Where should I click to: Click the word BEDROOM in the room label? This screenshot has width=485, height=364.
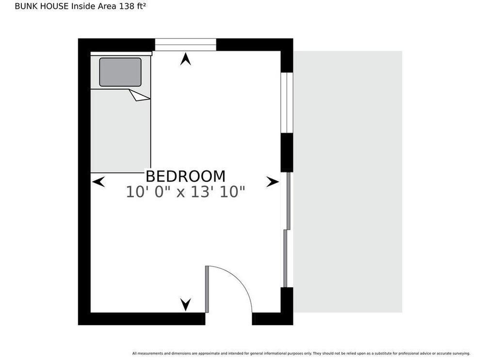click(x=185, y=177)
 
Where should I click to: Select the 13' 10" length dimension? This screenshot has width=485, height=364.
click(x=218, y=192)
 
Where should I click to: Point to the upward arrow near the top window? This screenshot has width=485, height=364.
click(x=185, y=59)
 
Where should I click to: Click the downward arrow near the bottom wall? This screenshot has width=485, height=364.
click(x=186, y=305)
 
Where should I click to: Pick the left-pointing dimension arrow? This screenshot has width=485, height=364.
click(x=98, y=182)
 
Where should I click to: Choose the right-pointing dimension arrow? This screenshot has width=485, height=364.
click(x=273, y=182)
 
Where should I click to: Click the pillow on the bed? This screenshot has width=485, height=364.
click(x=120, y=72)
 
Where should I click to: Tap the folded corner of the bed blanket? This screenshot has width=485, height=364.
click(x=140, y=95)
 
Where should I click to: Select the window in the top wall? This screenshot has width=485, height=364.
click(x=185, y=45)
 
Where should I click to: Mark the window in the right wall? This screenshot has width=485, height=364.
click(x=287, y=103)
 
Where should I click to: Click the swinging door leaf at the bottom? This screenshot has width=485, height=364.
click(x=207, y=289)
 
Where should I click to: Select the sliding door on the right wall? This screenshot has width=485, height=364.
click(x=287, y=230)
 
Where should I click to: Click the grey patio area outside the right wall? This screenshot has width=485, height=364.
click(x=348, y=182)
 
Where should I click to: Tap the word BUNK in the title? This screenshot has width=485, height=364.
click(x=25, y=6)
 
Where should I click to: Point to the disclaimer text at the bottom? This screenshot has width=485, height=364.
click(x=301, y=353)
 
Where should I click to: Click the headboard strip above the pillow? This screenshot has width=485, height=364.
click(x=121, y=53)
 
